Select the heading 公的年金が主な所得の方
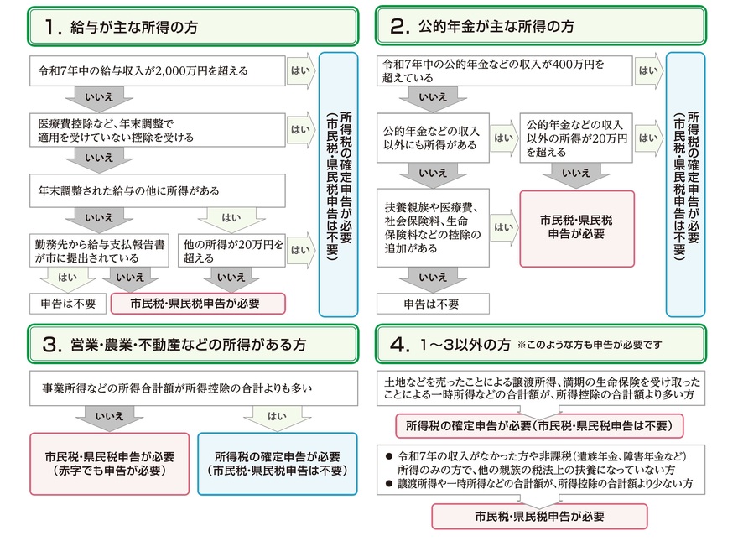496,26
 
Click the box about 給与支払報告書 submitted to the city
101,250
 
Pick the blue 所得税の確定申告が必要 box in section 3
278,463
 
